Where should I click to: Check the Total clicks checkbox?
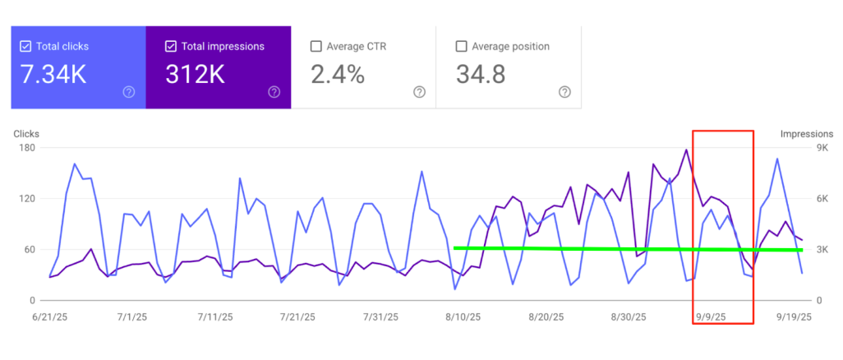click(x=25, y=47)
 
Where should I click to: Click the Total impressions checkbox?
click(x=171, y=47)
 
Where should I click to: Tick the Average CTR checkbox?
click(x=316, y=47)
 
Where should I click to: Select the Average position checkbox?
click(x=461, y=47)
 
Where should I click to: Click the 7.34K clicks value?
click(x=54, y=75)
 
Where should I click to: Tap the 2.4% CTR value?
click(x=337, y=75)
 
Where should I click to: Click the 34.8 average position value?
click(x=481, y=75)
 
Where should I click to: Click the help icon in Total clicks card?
click(x=128, y=92)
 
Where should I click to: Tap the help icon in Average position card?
click(x=564, y=92)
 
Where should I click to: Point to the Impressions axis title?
click(x=806, y=134)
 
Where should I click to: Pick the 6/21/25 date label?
click(x=49, y=316)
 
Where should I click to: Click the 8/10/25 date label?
click(x=463, y=316)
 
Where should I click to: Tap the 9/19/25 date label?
click(x=793, y=316)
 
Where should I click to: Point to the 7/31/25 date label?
click(x=380, y=316)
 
